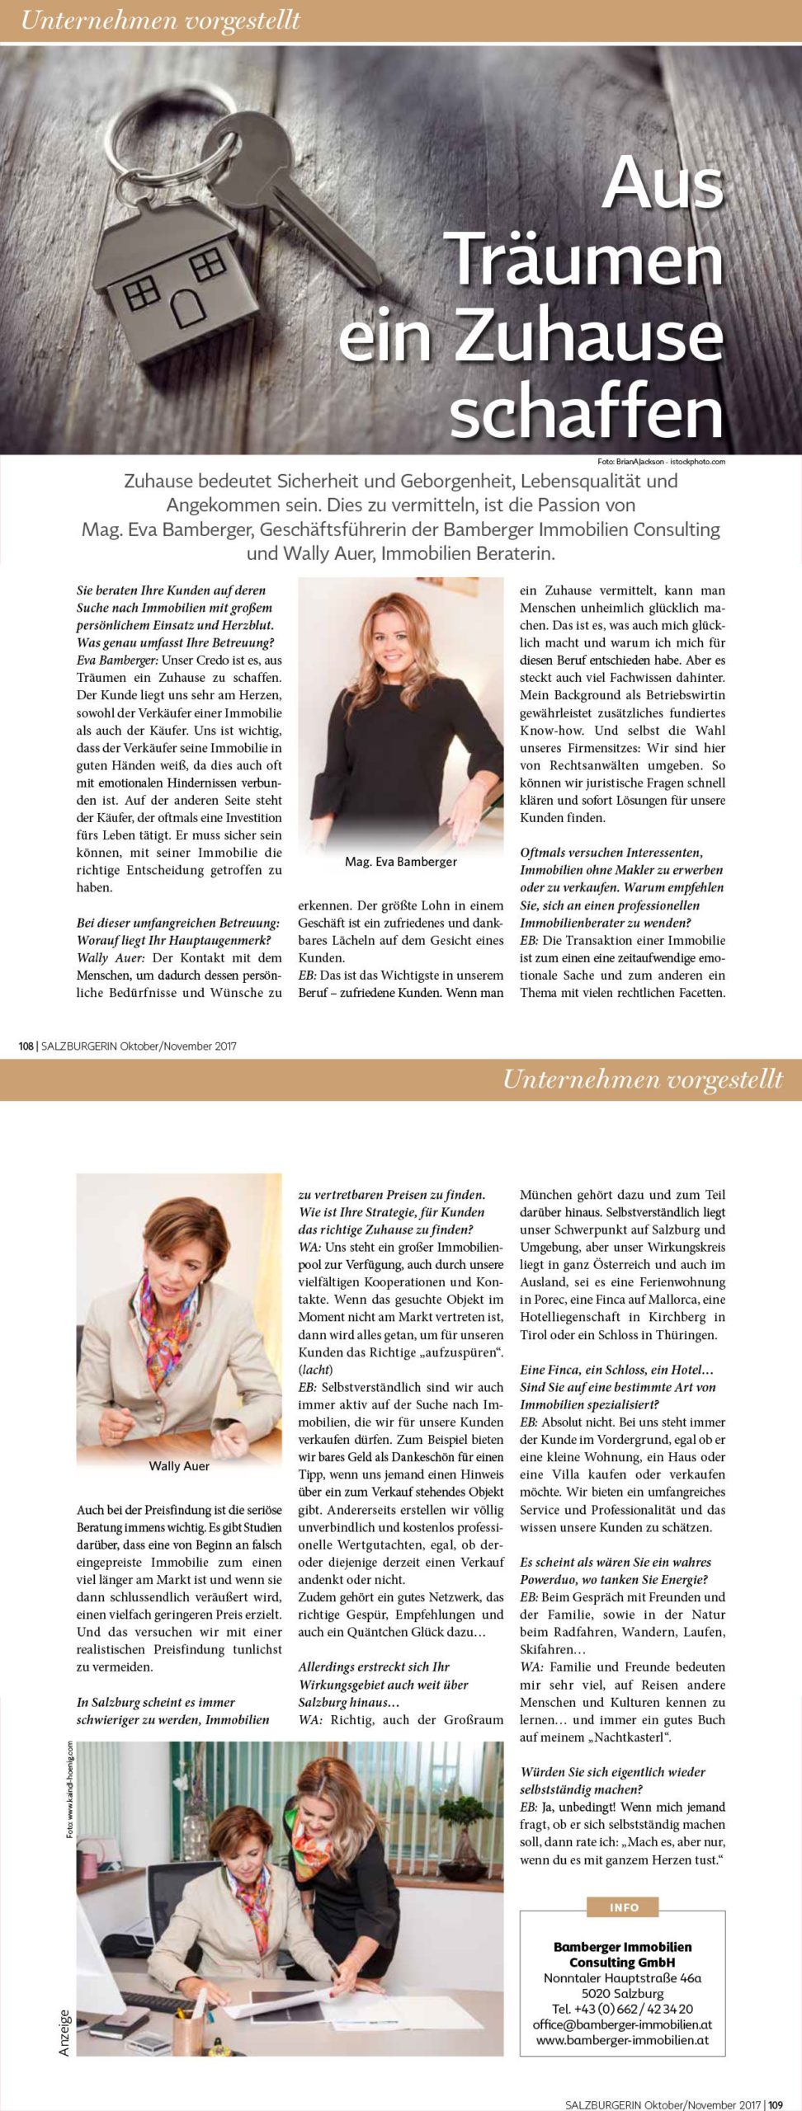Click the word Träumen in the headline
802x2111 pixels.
click(587, 258)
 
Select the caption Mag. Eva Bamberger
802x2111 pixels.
click(400, 862)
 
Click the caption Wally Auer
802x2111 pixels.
click(179, 1465)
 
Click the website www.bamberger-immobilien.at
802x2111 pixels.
click(623, 2041)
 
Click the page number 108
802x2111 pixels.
click(26, 1046)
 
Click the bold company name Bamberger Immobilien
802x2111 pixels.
click(623, 1947)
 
